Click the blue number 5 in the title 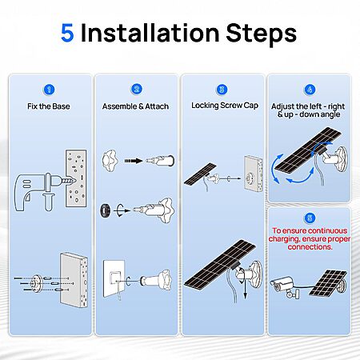click(x=67, y=33)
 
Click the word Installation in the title click(x=150, y=33)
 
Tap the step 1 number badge click(x=49, y=90)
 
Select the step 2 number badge click(x=137, y=89)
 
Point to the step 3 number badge click(x=222, y=90)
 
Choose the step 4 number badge click(x=310, y=90)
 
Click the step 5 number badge click(x=310, y=218)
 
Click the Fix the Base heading click(x=49, y=106)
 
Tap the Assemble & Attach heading click(x=135, y=106)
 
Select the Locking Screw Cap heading click(x=225, y=106)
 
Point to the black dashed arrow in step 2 click(x=134, y=161)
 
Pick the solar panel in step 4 click(x=308, y=150)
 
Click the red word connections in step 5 click(x=310, y=247)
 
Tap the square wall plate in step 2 click(x=114, y=278)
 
